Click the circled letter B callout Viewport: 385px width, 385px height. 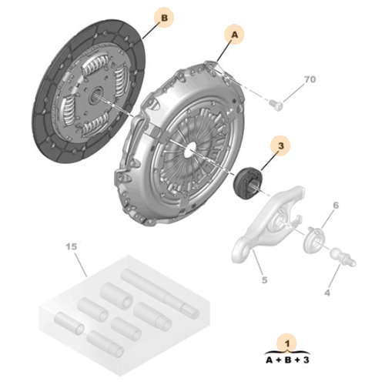[164, 17]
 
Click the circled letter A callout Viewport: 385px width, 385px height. [234, 34]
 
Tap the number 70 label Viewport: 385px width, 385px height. [310, 80]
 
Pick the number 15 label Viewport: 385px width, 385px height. [71, 248]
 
